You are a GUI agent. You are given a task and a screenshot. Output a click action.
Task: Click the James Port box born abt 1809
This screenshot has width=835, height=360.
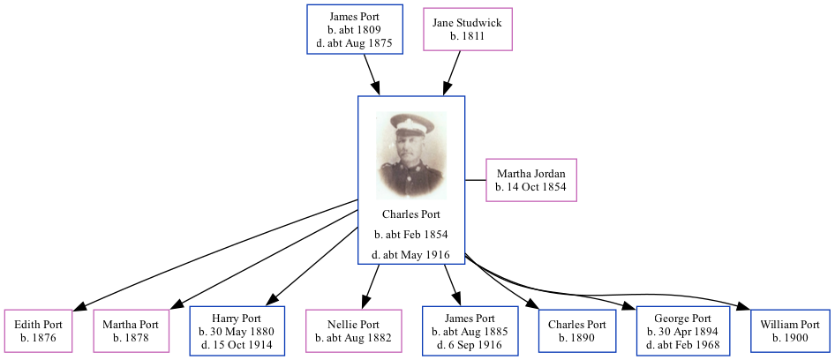pyautogui.click(x=354, y=29)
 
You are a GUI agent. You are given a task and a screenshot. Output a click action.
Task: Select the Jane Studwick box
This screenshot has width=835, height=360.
pyautogui.click(x=467, y=29)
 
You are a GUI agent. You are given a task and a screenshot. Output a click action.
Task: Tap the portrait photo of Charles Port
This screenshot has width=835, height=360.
pyautogui.click(x=410, y=154)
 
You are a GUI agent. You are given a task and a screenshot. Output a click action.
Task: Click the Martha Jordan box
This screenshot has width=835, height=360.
pyautogui.click(x=530, y=180)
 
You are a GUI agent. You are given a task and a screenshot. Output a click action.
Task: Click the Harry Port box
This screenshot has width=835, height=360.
pyautogui.click(x=238, y=331)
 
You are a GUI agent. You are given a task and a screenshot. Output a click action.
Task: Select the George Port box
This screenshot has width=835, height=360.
pyautogui.click(x=682, y=331)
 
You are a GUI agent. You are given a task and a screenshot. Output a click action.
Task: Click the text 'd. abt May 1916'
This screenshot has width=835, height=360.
pyautogui.click(x=411, y=255)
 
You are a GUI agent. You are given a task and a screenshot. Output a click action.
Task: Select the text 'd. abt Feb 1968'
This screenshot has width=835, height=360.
pyautogui.click(x=682, y=344)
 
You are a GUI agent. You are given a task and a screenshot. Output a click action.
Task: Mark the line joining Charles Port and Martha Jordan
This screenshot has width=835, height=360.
pyautogui.click(x=476, y=180)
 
